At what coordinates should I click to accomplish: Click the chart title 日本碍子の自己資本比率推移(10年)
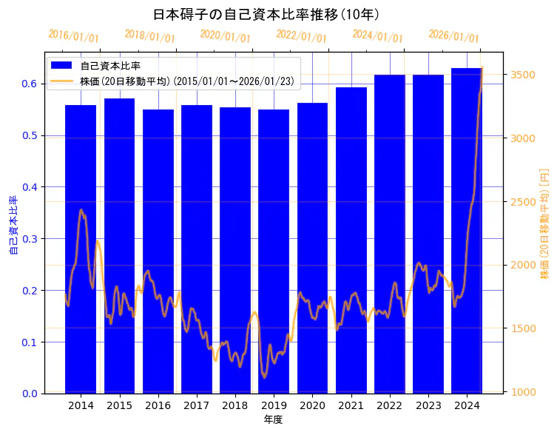point(266,14)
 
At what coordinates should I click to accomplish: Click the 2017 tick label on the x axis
point(197,406)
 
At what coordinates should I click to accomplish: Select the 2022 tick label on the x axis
point(390,406)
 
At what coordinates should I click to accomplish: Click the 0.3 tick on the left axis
point(30,239)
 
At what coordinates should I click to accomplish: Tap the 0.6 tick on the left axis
point(30,84)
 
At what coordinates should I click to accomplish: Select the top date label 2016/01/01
point(73,36)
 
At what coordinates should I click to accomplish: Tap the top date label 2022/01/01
point(301,36)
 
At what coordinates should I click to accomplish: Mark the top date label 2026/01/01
point(453,36)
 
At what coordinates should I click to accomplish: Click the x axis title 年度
point(273,420)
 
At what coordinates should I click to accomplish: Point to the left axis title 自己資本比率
point(13,225)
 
